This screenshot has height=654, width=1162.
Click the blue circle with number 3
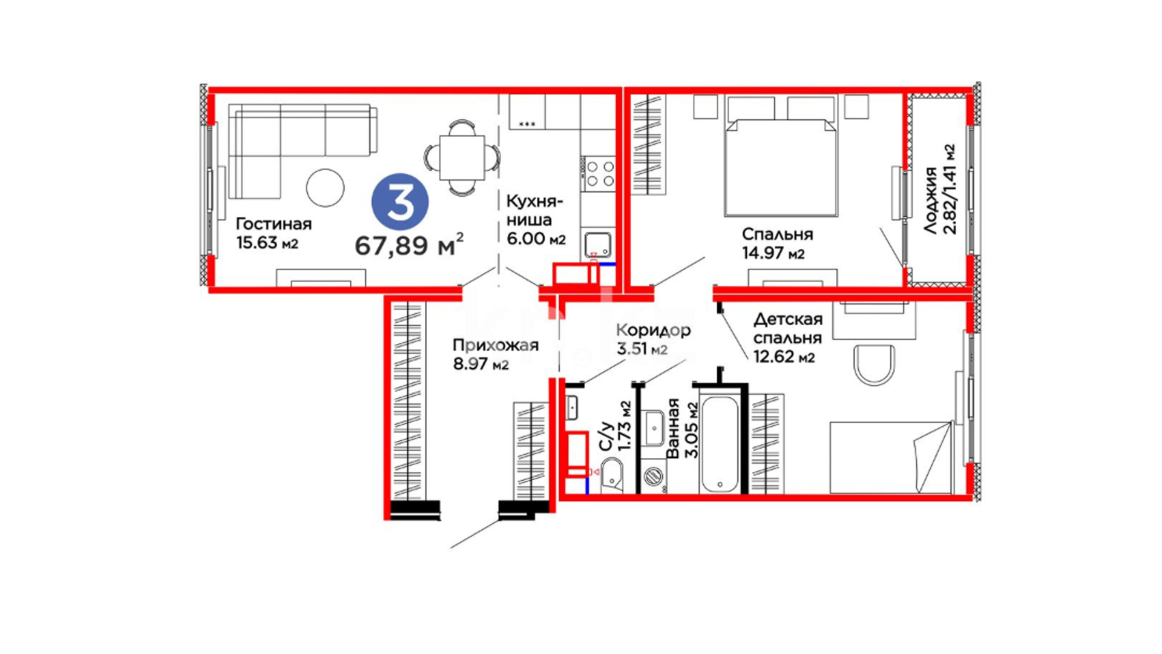400,202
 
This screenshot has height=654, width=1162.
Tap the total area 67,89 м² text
409,245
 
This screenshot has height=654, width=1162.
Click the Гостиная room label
274,224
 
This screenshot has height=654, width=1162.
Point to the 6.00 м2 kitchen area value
536,239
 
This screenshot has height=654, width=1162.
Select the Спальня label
777,234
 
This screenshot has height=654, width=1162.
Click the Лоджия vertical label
930,200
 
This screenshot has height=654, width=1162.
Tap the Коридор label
653,330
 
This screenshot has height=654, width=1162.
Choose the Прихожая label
496,345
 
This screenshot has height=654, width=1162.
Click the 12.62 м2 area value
784,356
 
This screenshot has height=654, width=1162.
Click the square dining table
462,157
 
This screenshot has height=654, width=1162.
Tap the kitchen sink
598,244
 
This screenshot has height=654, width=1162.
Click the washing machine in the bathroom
653,477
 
